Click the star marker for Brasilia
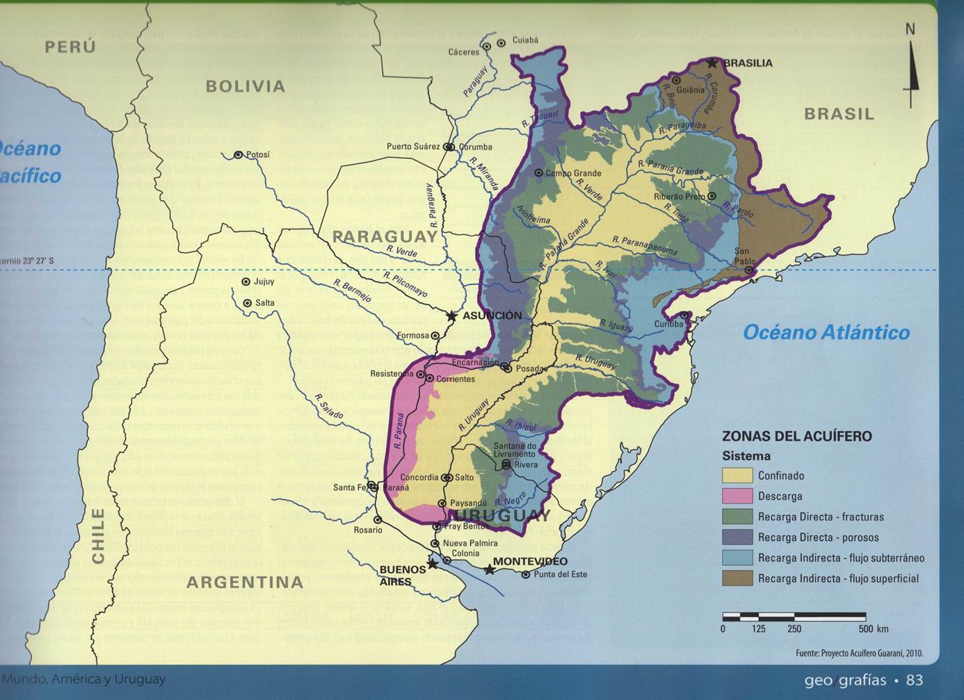(712, 63)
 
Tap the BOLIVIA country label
(246, 86)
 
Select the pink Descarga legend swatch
(737, 496)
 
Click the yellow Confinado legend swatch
(737, 475)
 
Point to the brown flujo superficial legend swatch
(737, 578)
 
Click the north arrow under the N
(911, 76)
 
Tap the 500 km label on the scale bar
(874, 629)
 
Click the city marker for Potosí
(239, 155)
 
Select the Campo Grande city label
(574, 173)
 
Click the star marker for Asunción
(452, 316)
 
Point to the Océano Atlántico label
(826, 332)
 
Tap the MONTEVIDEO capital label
(530, 561)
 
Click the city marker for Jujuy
(246, 282)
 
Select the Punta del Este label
(561, 574)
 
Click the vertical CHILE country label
(98, 536)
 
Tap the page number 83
(915, 680)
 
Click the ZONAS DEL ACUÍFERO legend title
(796, 436)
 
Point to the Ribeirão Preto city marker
(712, 197)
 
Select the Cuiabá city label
(525, 40)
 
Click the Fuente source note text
(859, 653)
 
